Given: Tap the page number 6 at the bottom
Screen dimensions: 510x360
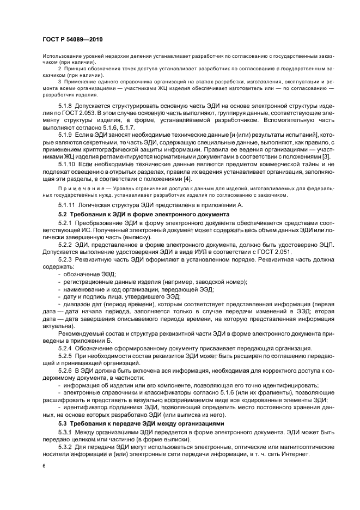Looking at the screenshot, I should pyautogui.click(x=44, y=466).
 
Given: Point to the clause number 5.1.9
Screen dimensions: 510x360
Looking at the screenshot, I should pyautogui.click(x=67, y=133).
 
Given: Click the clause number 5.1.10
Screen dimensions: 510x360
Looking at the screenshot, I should pyautogui.click(x=69, y=163).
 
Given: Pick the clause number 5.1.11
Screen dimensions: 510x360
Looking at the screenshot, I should pyautogui.click(x=69, y=204).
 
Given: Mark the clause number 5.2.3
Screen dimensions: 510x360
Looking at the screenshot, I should pyautogui.click(x=67, y=260).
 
